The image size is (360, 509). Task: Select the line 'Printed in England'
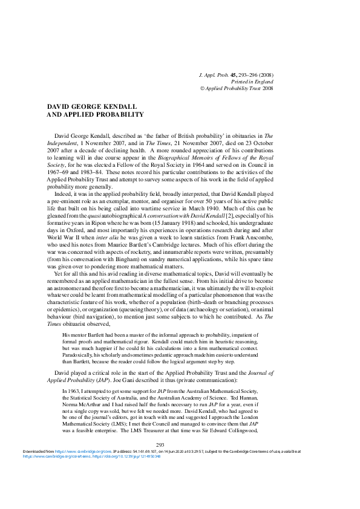pos(252,81)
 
